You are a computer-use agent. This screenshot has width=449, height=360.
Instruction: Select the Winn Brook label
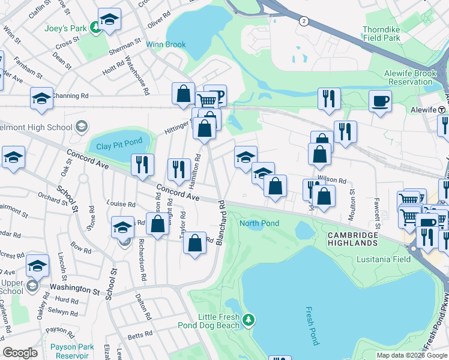(167, 44)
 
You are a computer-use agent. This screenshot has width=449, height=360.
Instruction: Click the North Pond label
(259, 224)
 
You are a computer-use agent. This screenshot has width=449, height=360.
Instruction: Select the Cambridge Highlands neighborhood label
(353, 239)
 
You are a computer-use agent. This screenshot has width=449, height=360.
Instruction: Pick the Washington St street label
(74, 289)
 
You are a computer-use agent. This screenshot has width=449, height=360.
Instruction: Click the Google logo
(20, 353)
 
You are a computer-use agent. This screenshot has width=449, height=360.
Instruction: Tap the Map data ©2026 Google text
(411, 355)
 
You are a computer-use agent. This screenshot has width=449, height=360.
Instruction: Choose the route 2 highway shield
(304, 21)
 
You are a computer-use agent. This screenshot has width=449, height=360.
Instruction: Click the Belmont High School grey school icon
(82, 127)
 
